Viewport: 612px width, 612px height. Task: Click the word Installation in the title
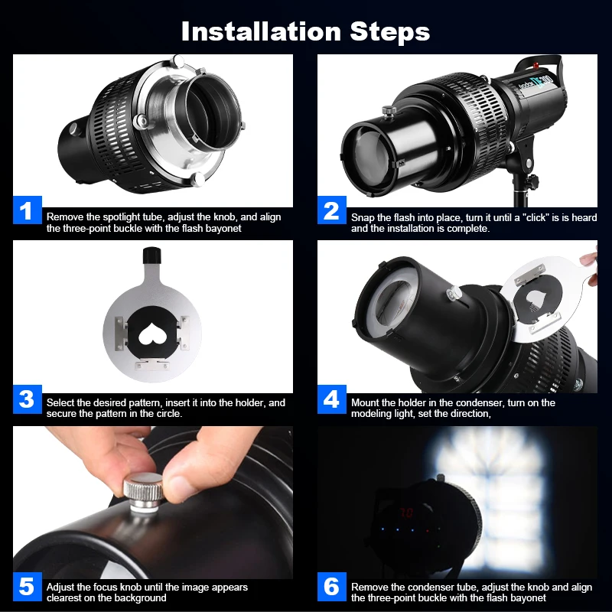pos(261,31)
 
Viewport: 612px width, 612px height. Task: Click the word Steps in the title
pos(390,32)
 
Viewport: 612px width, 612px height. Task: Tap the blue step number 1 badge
pos(28,210)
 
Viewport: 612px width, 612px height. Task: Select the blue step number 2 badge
pos(332,210)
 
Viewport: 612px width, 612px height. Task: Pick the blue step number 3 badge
pos(28,399)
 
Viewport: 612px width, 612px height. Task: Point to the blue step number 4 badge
pos(332,399)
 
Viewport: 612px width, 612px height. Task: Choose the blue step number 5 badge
pos(28,586)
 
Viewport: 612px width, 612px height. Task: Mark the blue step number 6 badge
pos(332,586)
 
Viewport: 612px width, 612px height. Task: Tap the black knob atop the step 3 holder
pos(151,256)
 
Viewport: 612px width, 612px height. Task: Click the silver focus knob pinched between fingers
pos(143,492)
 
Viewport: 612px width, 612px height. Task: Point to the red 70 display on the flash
pos(406,513)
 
